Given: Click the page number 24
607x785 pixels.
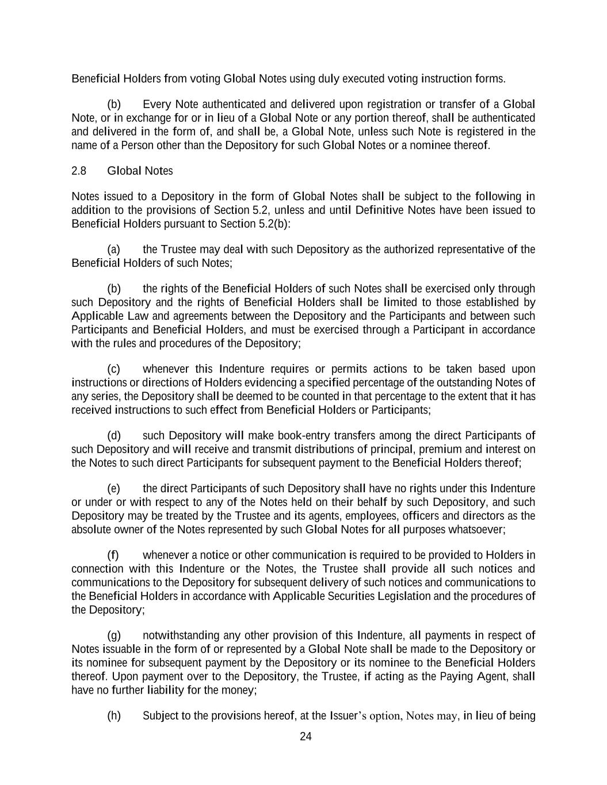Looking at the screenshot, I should [306, 737].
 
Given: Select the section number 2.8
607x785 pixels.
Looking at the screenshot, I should [79, 171].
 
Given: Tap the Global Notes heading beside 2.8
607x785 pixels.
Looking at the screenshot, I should [140, 171].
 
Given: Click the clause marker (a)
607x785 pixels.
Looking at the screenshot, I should [114, 249].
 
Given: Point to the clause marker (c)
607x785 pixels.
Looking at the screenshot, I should [114, 369].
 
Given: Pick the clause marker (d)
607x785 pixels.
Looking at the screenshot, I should [114, 435].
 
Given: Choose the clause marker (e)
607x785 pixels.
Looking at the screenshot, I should [114, 488].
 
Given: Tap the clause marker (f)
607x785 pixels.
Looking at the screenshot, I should [113, 555].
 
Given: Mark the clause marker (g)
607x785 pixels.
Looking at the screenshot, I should [114, 635].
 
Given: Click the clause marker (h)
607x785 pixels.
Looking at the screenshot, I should [114, 716].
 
